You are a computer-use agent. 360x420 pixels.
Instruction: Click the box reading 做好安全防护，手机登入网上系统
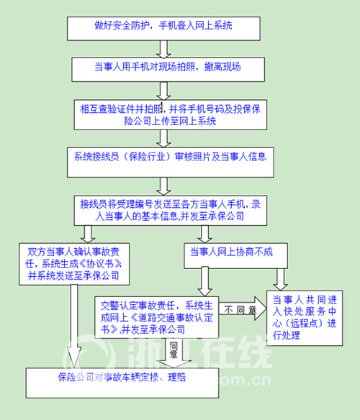tap(163, 29)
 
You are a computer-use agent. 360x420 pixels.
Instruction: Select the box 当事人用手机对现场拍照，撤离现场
tap(168, 69)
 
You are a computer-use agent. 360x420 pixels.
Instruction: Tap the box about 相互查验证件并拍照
tap(171, 114)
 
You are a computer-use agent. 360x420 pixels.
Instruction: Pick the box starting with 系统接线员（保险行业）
tap(171, 162)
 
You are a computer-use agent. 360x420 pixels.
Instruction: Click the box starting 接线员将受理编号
tap(171, 210)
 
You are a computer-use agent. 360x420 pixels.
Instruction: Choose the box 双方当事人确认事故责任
tap(74, 264)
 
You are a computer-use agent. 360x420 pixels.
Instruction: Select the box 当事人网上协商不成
tap(235, 255)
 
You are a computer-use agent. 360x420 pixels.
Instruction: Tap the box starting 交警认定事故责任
tap(156, 317)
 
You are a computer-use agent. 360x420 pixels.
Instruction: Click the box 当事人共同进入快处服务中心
tap(305, 318)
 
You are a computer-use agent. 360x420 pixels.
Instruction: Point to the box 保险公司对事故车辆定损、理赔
tap(122, 383)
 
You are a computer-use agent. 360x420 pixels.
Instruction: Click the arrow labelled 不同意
tap(243, 309)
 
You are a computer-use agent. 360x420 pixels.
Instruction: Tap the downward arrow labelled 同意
tap(174, 353)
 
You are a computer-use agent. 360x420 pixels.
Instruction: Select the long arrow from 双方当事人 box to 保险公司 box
tap(73, 327)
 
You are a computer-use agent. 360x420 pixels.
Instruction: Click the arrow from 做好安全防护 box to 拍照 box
tap(163, 49)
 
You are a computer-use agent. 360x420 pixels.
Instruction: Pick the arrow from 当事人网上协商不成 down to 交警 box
tap(204, 282)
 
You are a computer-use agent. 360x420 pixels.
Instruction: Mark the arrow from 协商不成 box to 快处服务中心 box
tap(280, 279)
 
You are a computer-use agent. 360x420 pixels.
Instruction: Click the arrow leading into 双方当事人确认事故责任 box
tap(88, 234)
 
